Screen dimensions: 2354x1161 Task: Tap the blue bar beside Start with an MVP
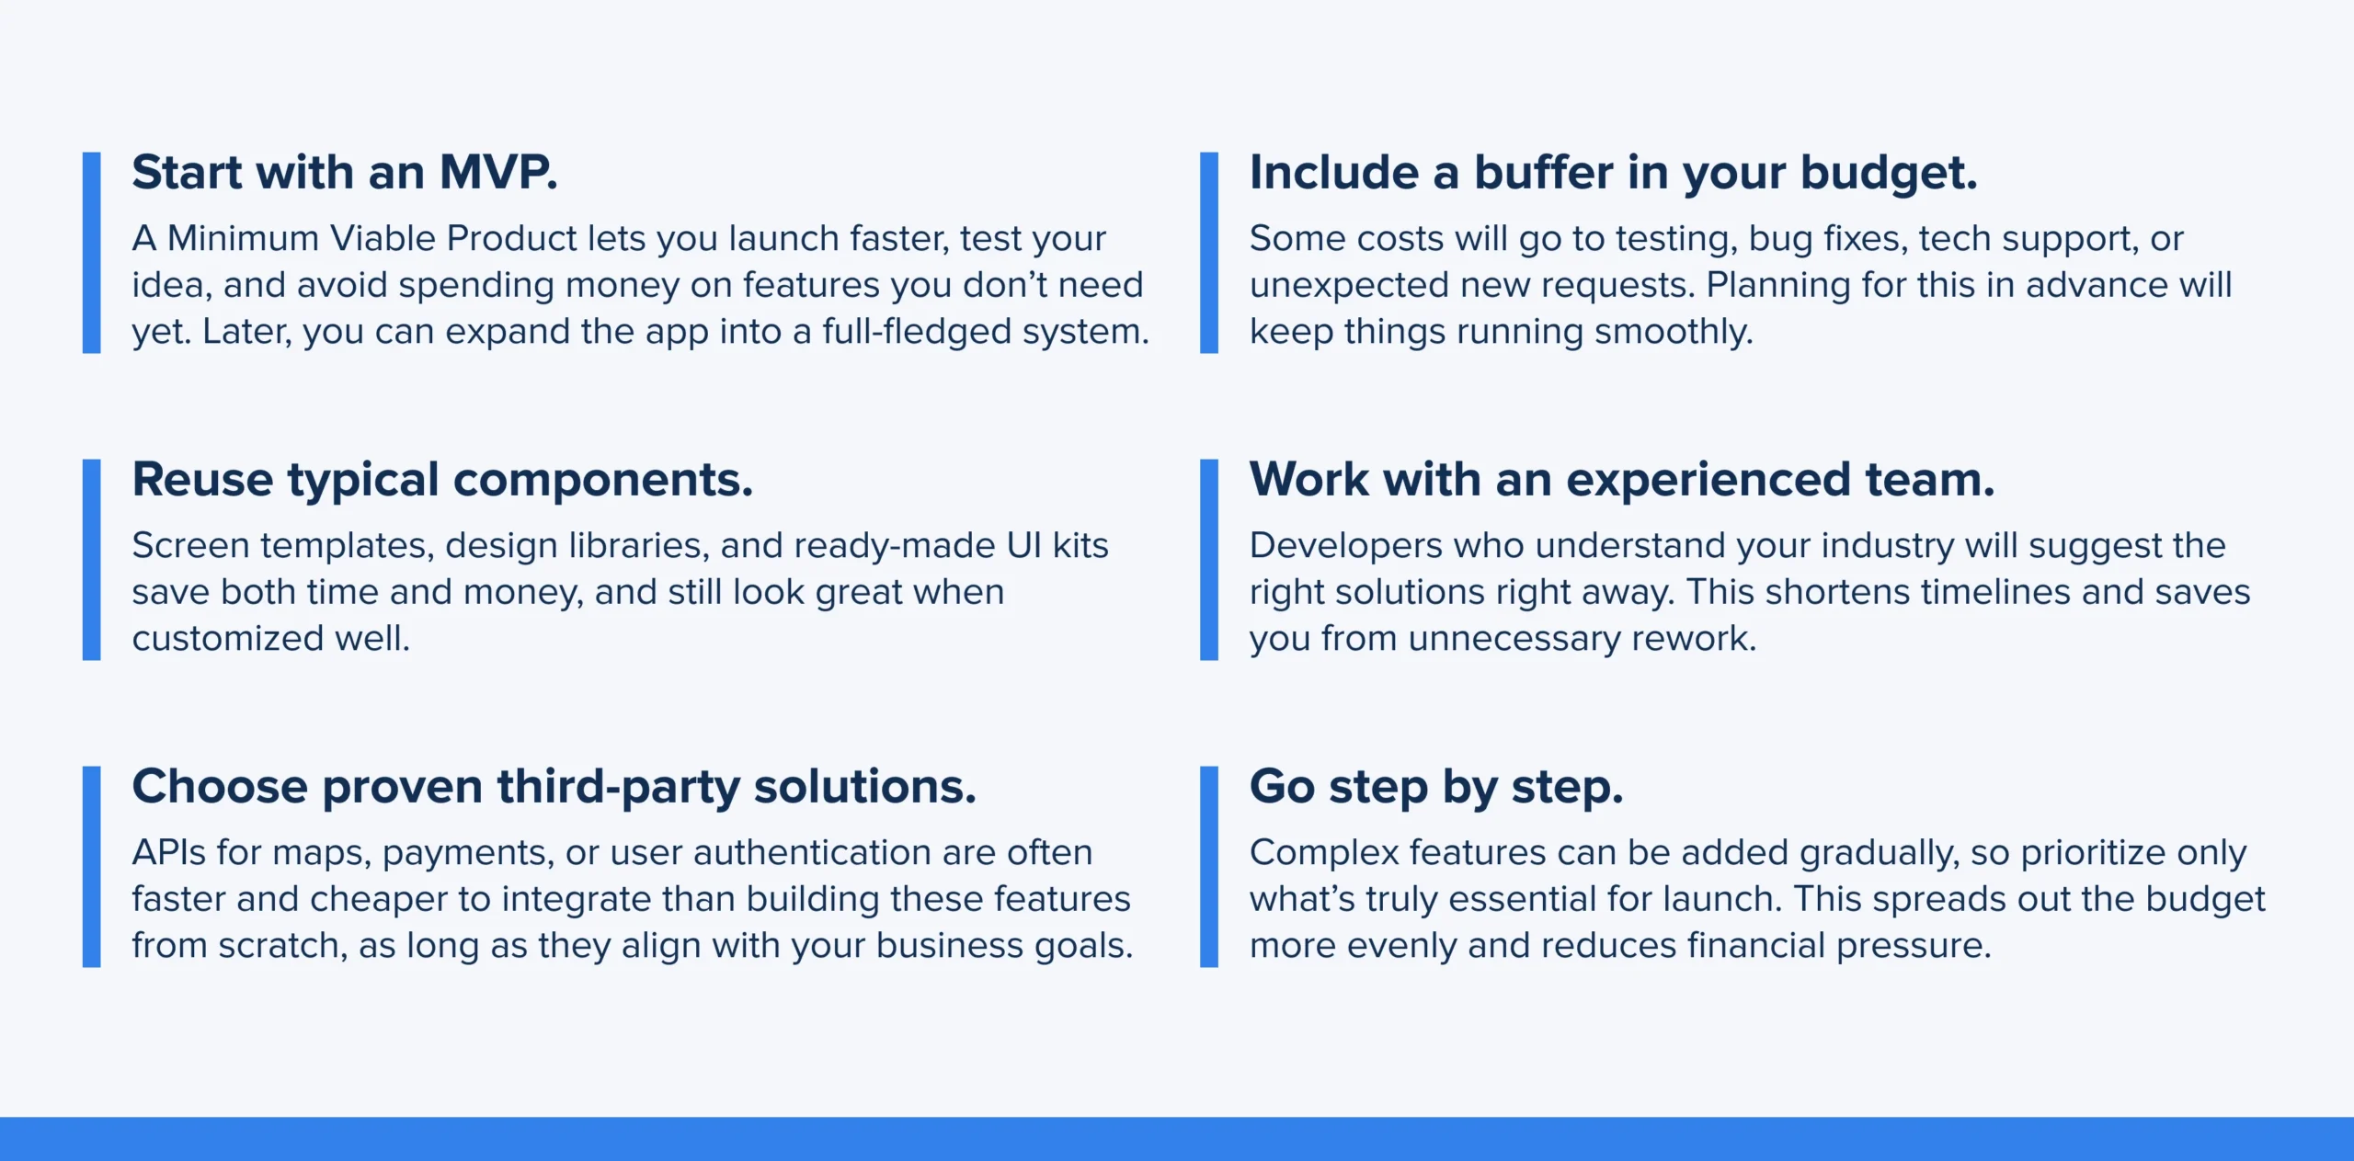point(91,253)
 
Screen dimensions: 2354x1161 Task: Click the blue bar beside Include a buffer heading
point(1209,253)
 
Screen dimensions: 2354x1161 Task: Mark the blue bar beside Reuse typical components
point(91,560)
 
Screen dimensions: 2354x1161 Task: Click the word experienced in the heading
point(1708,481)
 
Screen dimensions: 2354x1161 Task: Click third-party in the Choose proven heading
point(618,788)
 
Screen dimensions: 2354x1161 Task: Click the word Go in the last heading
point(1282,787)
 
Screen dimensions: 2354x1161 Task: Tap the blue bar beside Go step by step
point(1209,867)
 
